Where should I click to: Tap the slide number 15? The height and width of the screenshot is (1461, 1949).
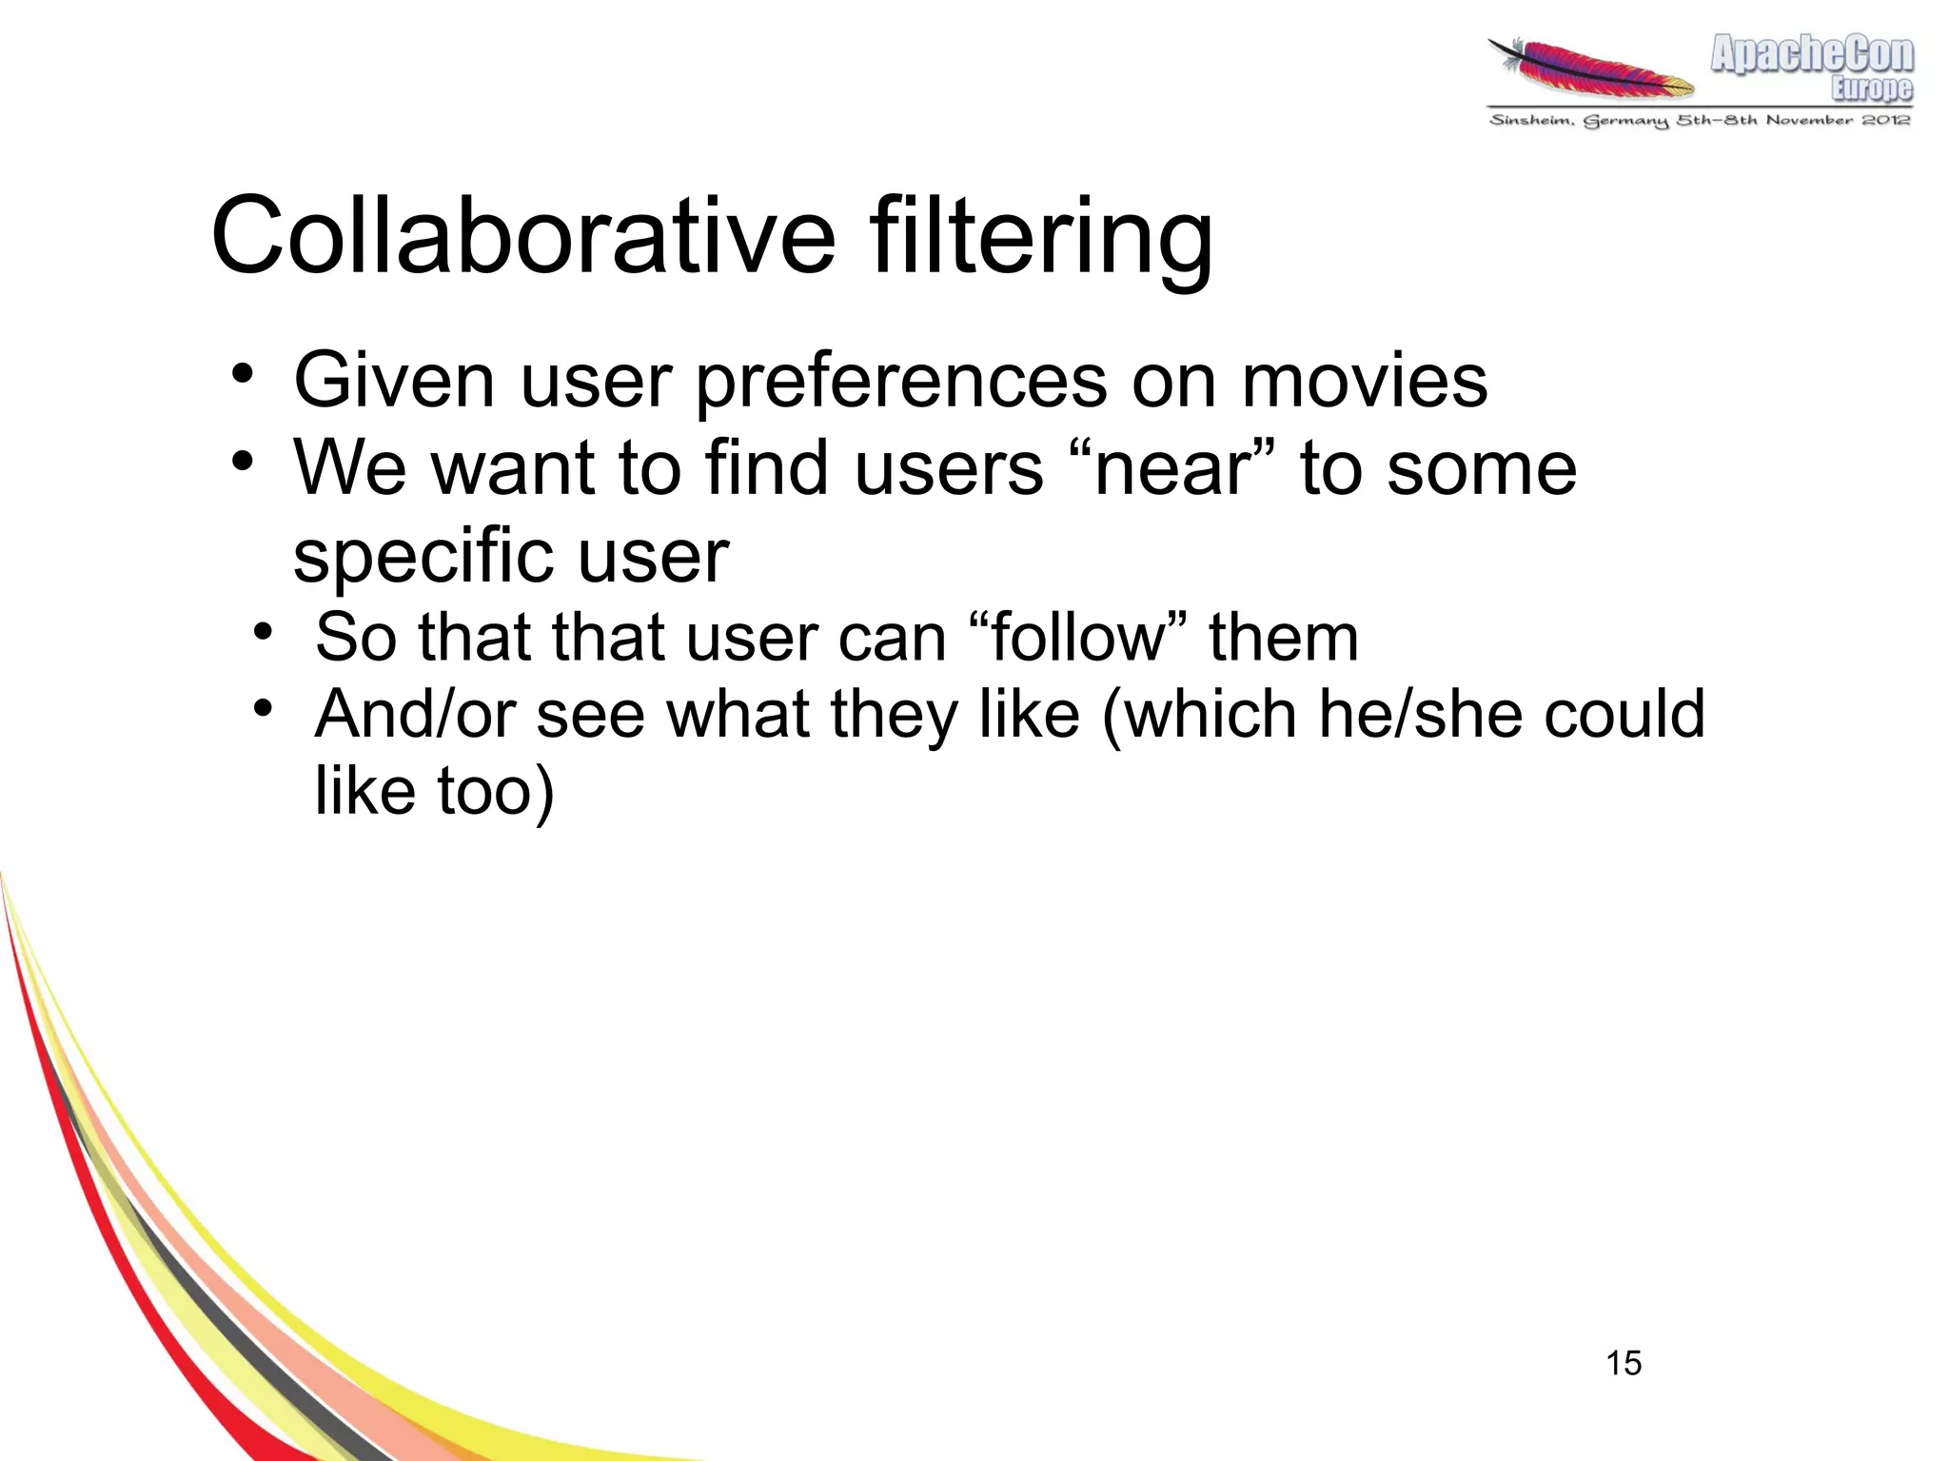1624,1363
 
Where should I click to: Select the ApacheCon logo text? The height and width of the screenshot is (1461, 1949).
1812,54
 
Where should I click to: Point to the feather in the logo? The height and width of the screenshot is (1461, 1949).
1591,69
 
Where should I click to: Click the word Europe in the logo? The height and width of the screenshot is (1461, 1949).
1872,89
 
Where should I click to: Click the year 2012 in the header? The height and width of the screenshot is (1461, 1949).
1887,120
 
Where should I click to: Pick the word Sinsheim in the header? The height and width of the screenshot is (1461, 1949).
1530,120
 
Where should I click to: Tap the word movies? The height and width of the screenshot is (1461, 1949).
1364,381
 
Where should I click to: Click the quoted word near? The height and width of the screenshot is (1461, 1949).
1172,468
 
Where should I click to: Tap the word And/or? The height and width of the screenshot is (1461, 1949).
415,714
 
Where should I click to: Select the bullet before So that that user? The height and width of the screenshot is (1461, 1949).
264,631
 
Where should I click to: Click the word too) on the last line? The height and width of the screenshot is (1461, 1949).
495,791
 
